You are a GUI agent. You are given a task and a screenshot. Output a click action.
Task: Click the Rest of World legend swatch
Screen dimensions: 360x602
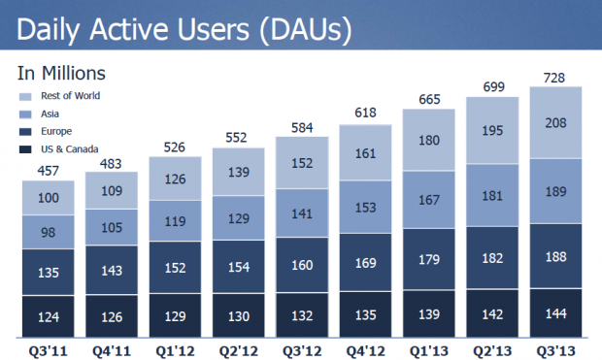(24, 96)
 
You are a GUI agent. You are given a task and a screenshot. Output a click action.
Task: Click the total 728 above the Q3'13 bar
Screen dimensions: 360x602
(555, 76)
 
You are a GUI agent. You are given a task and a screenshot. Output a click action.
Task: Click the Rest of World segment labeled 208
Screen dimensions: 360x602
(555, 123)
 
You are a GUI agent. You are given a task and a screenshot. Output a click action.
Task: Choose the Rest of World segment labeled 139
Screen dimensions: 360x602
(239, 172)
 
